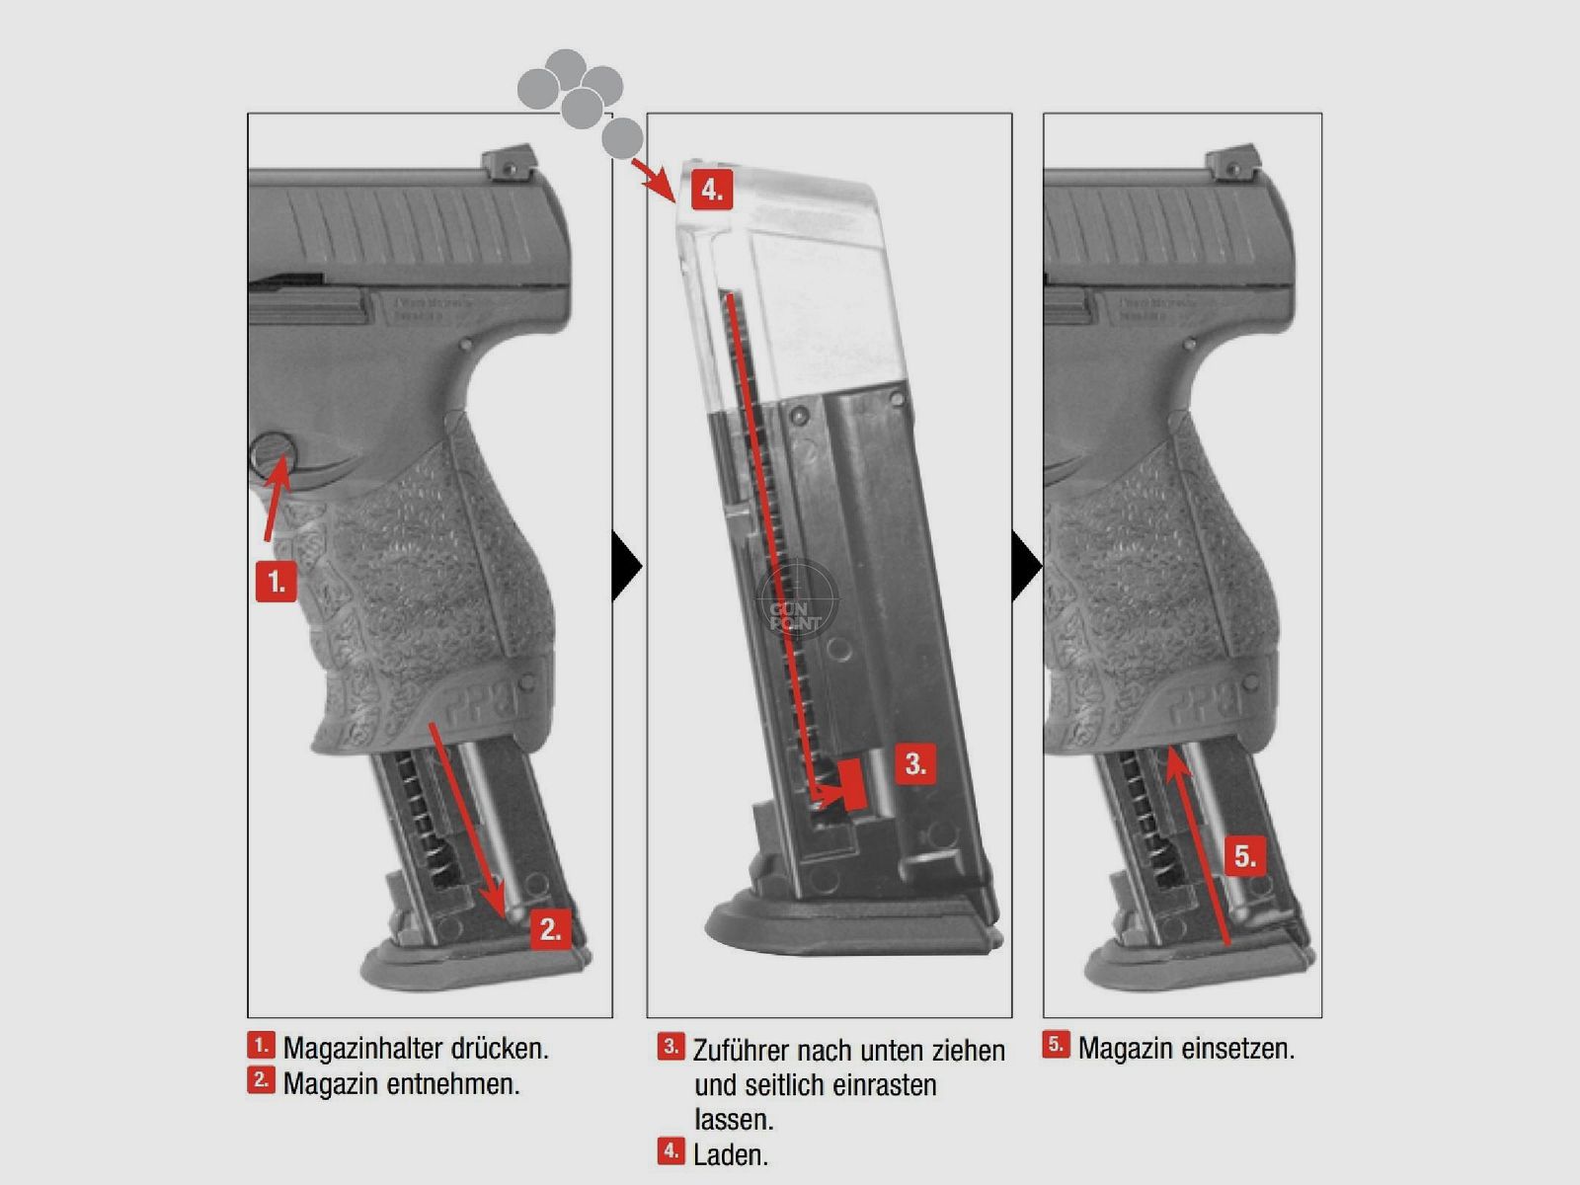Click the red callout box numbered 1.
tap(276, 582)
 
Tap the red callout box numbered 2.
tap(551, 928)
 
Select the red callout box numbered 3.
tap(915, 763)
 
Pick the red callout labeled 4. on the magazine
tap(712, 189)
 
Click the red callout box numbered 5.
tap(1245, 855)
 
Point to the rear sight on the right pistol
tap(1227, 164)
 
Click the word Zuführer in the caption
tap(740, 1050)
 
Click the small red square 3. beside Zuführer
tap(671, 1047)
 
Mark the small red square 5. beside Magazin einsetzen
tap(1056, 1045)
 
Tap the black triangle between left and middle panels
tap(625, 567)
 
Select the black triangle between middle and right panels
tap(1026, 567)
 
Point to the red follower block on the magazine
tap(852, 785)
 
